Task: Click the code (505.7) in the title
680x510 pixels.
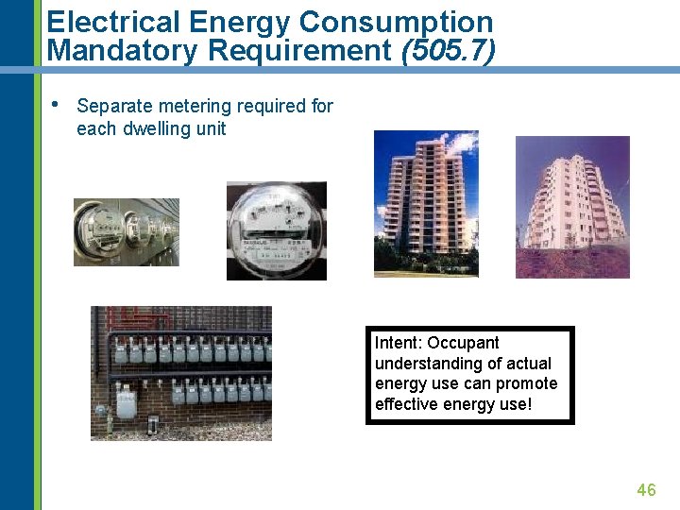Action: tap(448, 50)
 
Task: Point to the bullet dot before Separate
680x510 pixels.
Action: tap(57, 104)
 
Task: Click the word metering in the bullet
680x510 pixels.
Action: tap(187, 106)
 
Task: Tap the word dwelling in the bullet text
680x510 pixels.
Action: tap(159, 129)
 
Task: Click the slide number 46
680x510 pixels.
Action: tap(646, 489)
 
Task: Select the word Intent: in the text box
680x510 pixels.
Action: tap(398, 343)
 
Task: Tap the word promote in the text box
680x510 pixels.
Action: tap(527, 383)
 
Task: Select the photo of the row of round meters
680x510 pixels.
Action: tap(127, 232)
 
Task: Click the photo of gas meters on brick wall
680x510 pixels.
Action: tap(180, 373)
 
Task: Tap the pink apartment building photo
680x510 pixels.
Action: tap(572, 207)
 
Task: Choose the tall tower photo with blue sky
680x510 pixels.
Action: tap(426, 203)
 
